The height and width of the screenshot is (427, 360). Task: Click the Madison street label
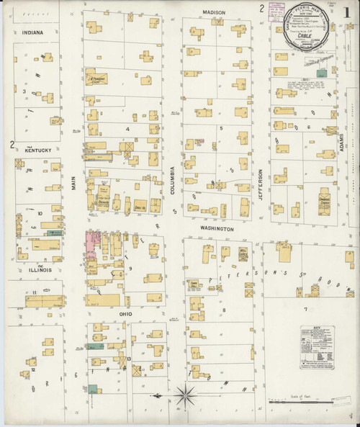[x=214, y=12]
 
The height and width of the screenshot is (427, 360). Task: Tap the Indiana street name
[x=32, y=33]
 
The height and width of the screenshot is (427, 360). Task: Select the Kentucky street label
[x=35, y=150]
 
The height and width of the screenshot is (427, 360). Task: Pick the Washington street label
[x=217, y=228]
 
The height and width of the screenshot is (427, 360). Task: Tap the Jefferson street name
[x=261, y=186]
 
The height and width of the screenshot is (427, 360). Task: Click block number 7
[x=306, y=309]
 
